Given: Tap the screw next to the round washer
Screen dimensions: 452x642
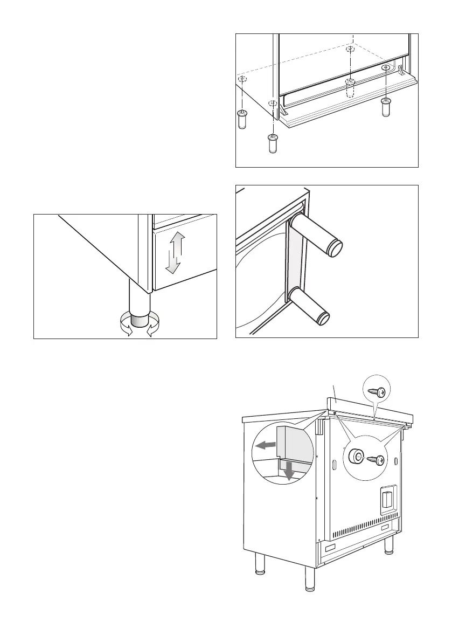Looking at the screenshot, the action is [376, 460].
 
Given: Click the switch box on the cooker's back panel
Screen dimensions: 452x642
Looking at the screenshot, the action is [387, 499].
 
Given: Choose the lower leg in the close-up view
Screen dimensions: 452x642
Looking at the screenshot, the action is [311, 306].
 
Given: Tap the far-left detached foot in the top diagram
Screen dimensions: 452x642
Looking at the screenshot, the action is [242, 119].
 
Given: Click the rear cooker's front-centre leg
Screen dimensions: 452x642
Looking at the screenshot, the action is [310, 580].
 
